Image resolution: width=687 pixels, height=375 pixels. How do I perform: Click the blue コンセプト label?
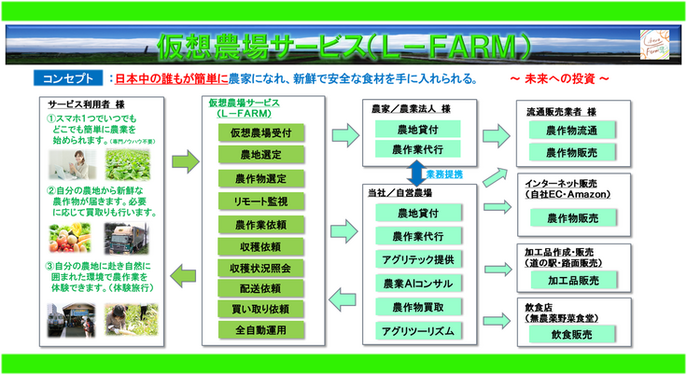[x=66, y=78]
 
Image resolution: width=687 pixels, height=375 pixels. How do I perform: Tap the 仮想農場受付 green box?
[x=254, y=133]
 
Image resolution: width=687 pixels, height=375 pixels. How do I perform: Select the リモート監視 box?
[x=254, y=200]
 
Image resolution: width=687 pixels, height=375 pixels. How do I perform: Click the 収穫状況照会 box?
[x=254, y=267]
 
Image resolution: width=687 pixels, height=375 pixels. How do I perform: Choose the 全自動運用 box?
[x=254, y=330]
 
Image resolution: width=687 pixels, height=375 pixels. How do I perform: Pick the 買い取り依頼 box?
[x=254, y=309]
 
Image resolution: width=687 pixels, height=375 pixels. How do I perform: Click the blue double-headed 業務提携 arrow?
[x=416, y=173]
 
